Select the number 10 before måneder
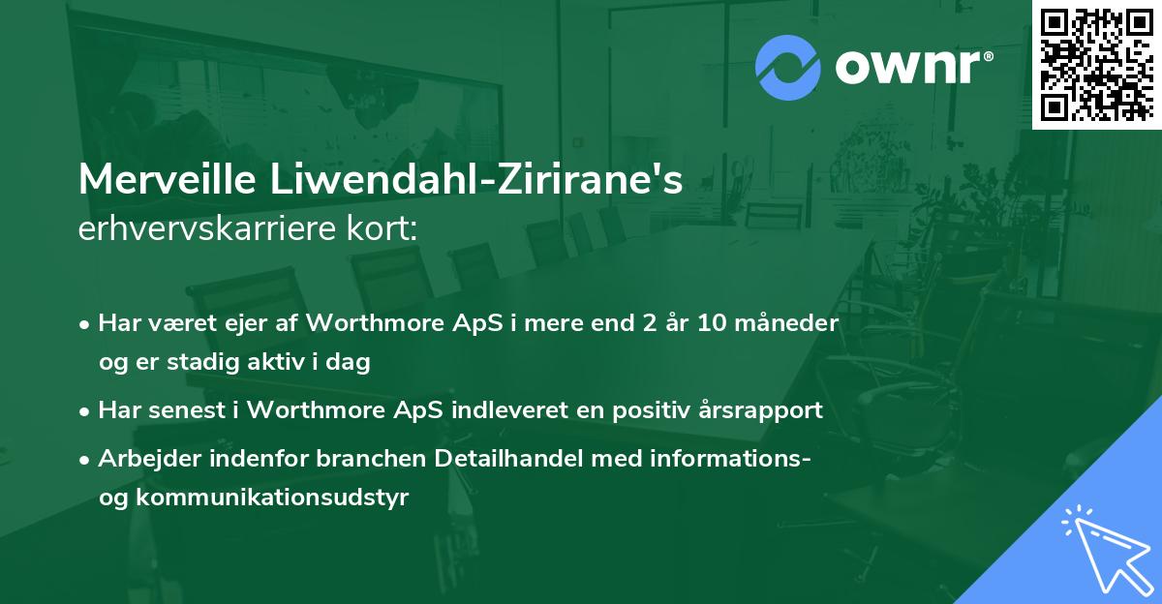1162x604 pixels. click(715, 323)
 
